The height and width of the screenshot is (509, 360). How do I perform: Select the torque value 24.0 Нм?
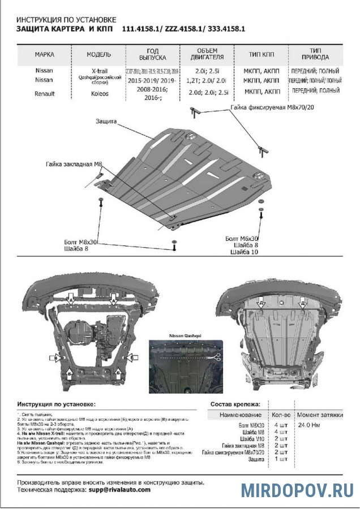tap(310, 424)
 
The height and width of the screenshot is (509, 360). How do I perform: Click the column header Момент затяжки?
tap(320, 415)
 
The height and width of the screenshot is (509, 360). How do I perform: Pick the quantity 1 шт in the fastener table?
tap(280, 459)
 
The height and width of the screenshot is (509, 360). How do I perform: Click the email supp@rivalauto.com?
tap(119, 489)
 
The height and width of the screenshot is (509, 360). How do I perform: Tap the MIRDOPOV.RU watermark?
tap(297, 490)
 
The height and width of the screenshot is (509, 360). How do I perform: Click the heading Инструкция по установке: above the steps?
tap(57, 404)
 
